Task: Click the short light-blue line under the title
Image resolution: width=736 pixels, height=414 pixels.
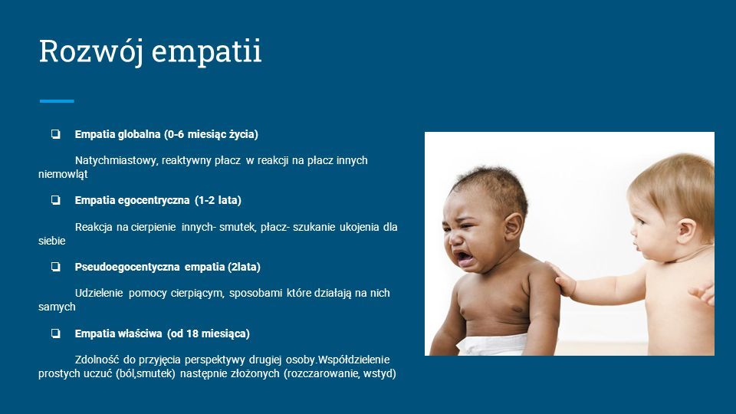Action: tap(57, 101)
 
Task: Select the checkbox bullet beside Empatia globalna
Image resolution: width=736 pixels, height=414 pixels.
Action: tap(56, 134)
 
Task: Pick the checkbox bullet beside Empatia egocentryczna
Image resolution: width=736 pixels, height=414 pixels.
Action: tap(56, 200)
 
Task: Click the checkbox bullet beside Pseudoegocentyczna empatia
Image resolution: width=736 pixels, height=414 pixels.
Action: tap(56, 267)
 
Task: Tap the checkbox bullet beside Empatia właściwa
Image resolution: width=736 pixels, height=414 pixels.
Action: tap(56, 333)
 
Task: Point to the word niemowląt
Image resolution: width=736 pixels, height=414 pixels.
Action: tap(63, 174)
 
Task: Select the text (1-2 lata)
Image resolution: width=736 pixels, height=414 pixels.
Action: tap(218, 200)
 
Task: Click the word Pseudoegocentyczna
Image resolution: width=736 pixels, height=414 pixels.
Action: tap(127, 267)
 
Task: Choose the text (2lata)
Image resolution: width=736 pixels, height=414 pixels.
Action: tap(244, 267)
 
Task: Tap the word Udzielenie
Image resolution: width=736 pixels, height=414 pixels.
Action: tap(99, 294)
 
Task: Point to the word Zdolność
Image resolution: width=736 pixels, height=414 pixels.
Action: tap(97, 360)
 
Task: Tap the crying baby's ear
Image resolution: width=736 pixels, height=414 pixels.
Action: tap(513, 226)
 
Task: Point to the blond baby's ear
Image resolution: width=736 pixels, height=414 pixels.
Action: tap(685, 230)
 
